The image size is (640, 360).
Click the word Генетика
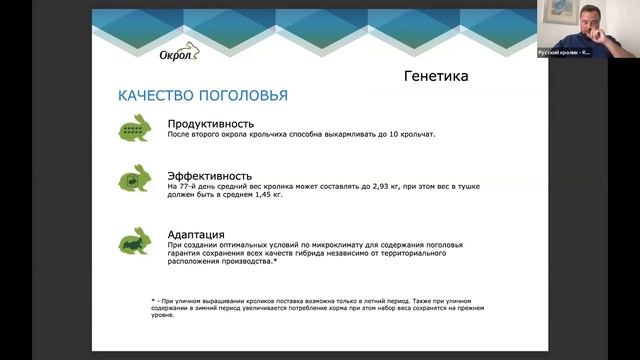(x=436, y=76)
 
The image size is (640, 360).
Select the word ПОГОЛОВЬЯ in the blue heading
(x=245, y=96)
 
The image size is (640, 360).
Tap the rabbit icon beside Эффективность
(x=136, y=180)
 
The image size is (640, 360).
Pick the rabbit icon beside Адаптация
(x=136, y=240)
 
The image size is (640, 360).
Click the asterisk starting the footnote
(x=141, y=301)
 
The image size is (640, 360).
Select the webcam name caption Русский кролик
(x=565, y=52)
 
